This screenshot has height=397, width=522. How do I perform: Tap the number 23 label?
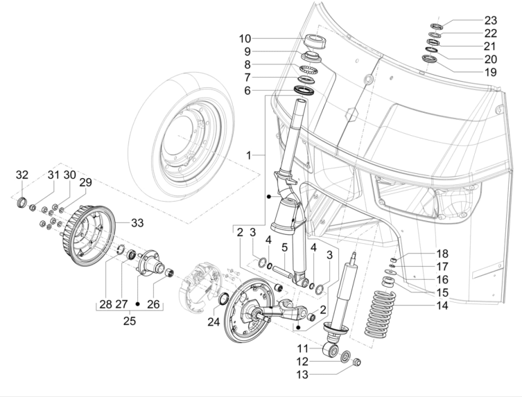(x=491, y=20)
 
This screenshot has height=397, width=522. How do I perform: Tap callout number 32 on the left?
(x=22, y=174)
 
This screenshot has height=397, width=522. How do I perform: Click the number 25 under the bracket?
(x=129, y=321)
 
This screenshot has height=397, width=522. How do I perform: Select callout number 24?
(x=214, y=321)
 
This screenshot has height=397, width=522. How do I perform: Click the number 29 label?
(x=85, y=182)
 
